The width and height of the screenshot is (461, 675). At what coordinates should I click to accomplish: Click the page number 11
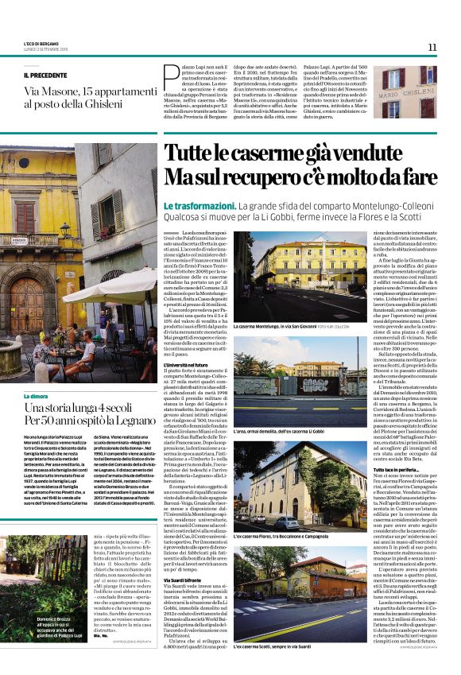pyautogui.click(x=432, y=47)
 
